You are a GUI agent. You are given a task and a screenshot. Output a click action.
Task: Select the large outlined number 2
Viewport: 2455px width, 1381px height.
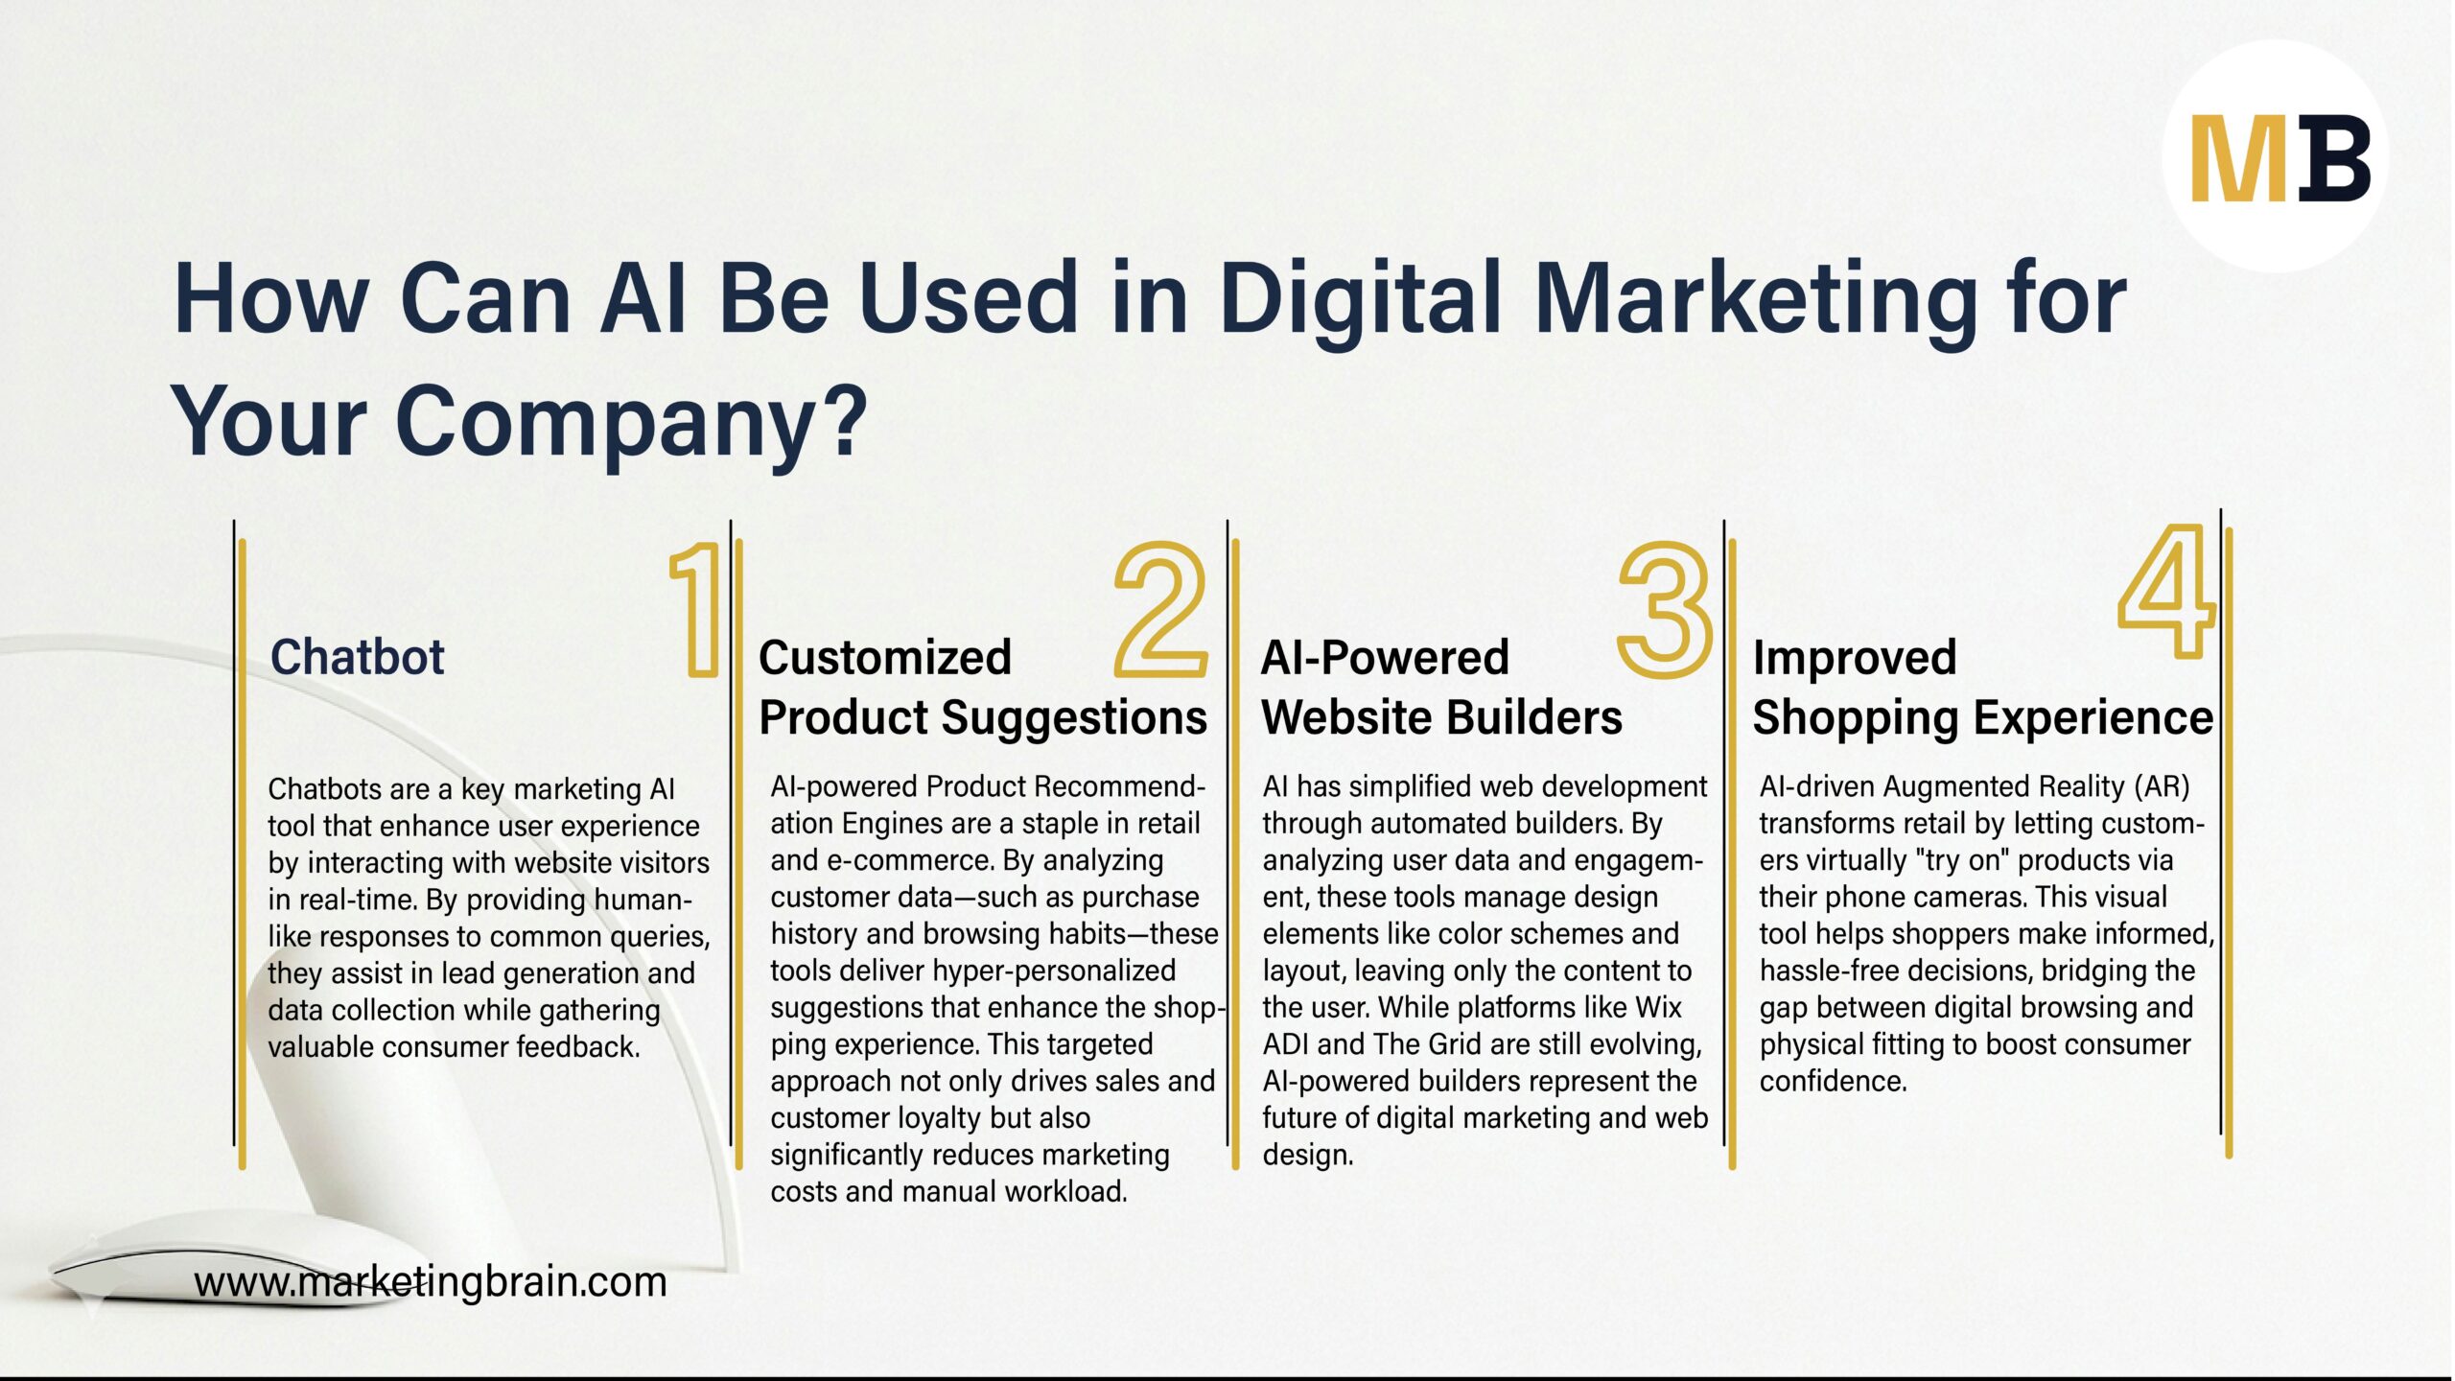pos(1160,610)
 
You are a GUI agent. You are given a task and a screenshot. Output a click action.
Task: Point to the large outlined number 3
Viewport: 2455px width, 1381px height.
pos(1664,610)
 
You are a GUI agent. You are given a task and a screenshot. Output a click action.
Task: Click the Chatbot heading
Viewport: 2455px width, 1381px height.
pos(357,658)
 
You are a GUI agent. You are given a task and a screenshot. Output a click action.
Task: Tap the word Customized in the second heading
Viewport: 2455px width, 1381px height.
pos(884,658)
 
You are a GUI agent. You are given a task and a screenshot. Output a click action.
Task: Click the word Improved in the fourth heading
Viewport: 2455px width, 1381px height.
pos(1854,658)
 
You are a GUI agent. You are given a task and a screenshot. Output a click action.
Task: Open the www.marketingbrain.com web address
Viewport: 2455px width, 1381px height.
pos(430,1282)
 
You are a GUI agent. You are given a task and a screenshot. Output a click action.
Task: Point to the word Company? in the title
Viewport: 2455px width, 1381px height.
pos(631,420)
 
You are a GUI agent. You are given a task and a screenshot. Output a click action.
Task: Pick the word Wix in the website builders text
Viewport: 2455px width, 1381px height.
pos(1658,1008)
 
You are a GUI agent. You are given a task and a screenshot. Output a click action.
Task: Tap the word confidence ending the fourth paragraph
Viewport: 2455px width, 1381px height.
pos(1833,1082)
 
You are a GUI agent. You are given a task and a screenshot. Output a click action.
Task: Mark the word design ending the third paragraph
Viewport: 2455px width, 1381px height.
pos(1307,1155)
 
